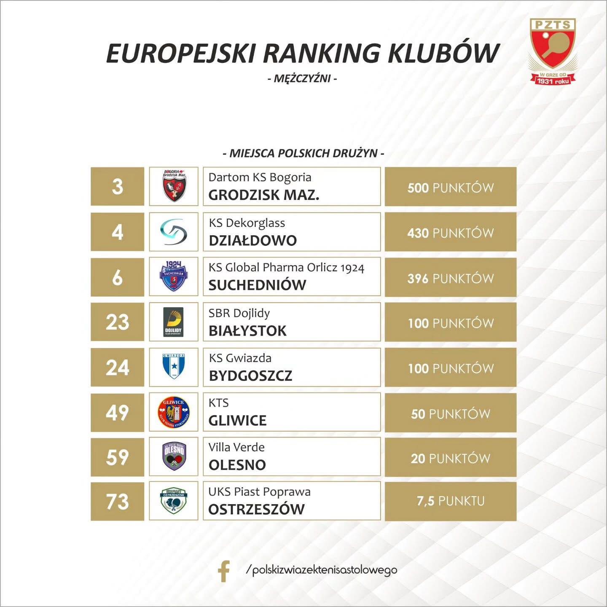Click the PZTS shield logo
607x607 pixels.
point(553,52)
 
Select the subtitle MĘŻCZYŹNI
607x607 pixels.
point(302,78)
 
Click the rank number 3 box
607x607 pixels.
point(118,186)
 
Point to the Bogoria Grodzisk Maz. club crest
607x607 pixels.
point(174,186)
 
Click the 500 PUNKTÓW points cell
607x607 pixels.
point(451,186)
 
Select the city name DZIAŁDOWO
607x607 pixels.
point(252,241)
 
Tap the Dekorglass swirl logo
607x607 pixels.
point(174,232)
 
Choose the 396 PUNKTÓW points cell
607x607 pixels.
point(451,277)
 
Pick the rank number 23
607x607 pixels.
point(118,322)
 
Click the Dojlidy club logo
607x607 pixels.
point(173,322)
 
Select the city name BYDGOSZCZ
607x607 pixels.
point(250,376)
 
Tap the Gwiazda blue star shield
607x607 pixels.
point(174,367)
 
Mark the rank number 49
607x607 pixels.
point(118,413)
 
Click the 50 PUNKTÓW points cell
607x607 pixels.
point(451,413)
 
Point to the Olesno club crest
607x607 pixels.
point(174,457)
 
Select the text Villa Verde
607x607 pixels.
point(236,447)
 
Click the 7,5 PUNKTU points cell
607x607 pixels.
point(451,501)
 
